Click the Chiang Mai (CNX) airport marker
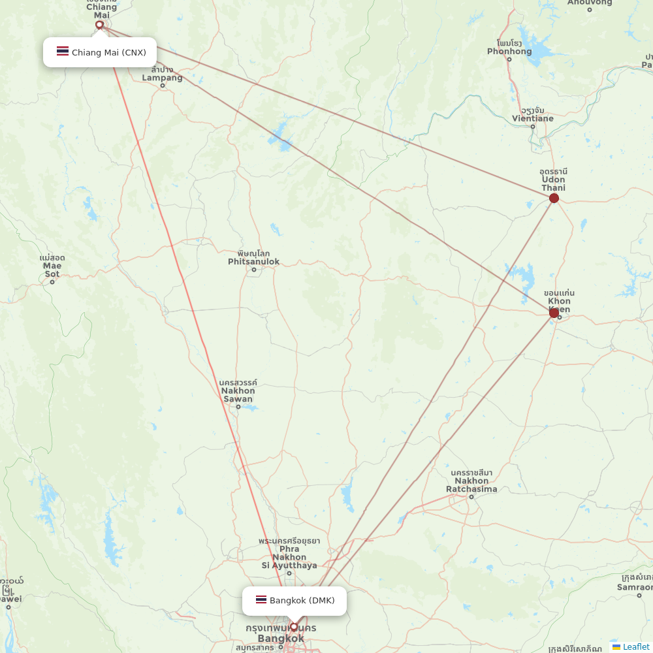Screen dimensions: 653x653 tap(99, 25)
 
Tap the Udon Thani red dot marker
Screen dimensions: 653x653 tap(554, 198)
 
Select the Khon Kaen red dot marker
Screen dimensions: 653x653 tap(554, 313)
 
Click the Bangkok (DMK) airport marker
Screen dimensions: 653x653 tap(294, 627)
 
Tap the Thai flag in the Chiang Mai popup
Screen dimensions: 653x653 tap(63, 52)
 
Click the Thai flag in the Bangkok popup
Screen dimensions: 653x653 tap(261, 600)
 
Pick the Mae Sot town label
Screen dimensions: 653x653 tap(52, 266)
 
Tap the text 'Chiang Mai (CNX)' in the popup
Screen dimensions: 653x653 tap(109, 52)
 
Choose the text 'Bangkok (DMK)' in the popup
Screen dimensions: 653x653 tap(302, 600)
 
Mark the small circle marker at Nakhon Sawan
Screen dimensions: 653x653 tap(238, 407)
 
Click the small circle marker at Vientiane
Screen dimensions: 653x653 tap(533, 126)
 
